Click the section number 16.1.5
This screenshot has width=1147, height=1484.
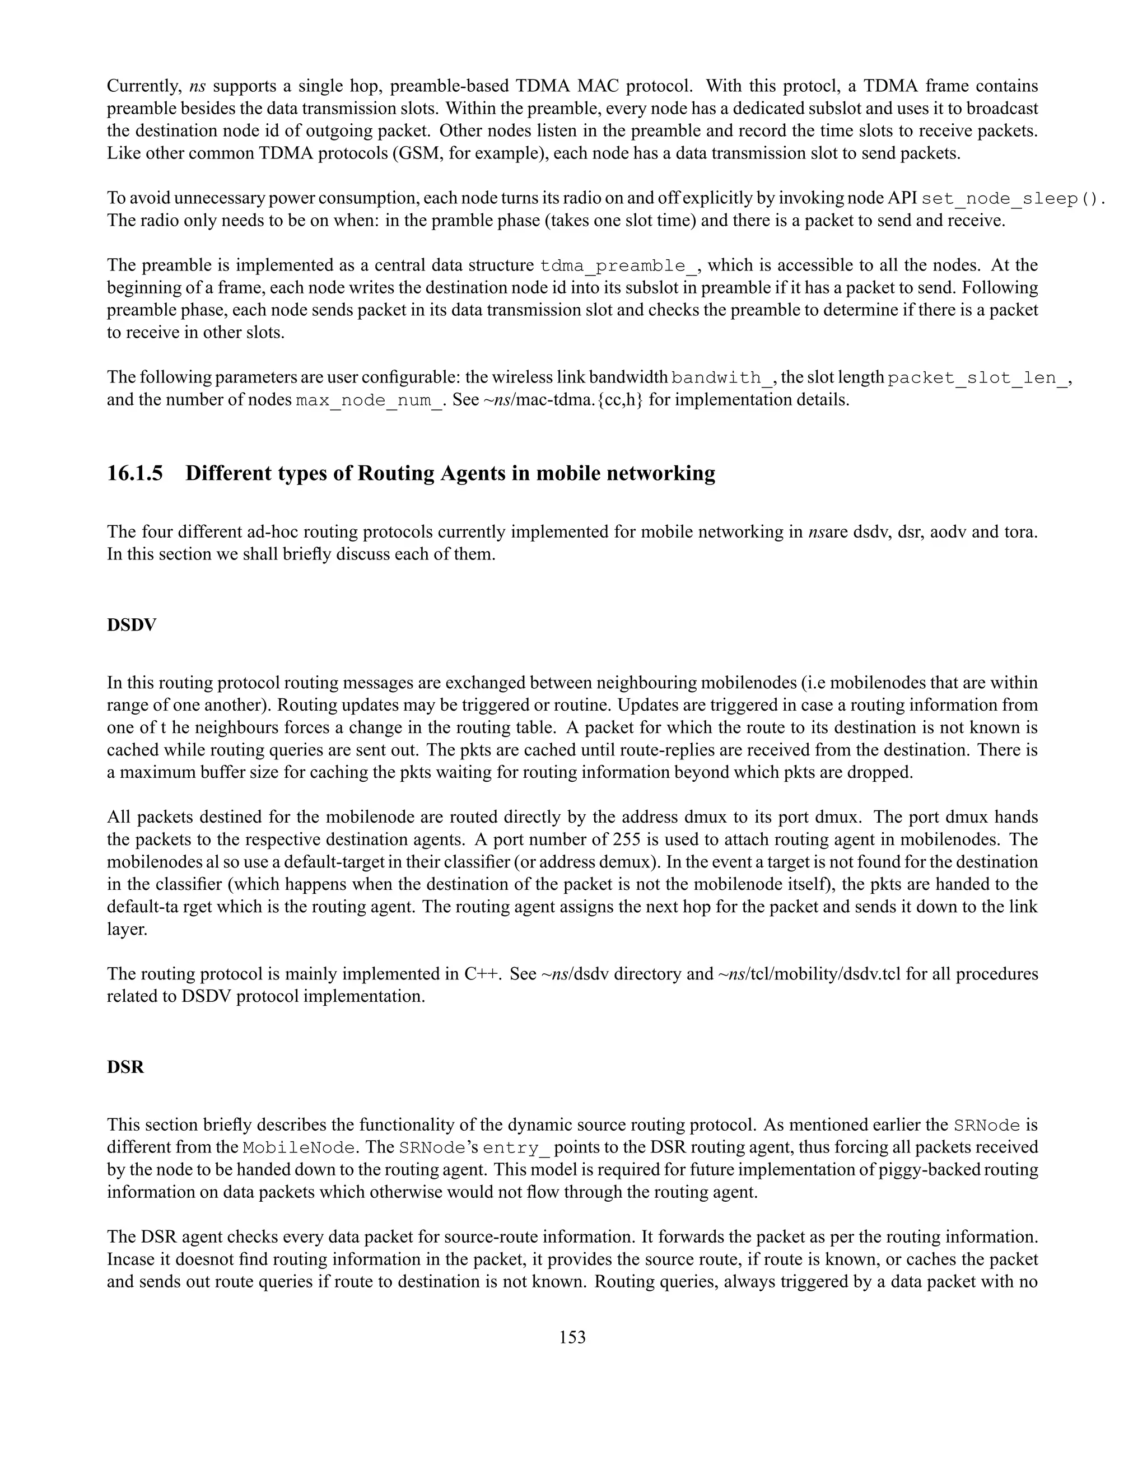(134, 473)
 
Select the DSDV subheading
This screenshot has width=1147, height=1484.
(131, 624)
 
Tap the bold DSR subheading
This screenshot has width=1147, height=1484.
(125, 1067)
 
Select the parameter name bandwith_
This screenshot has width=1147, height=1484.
(720, 378)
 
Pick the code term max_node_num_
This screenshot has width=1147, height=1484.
(370, 400)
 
